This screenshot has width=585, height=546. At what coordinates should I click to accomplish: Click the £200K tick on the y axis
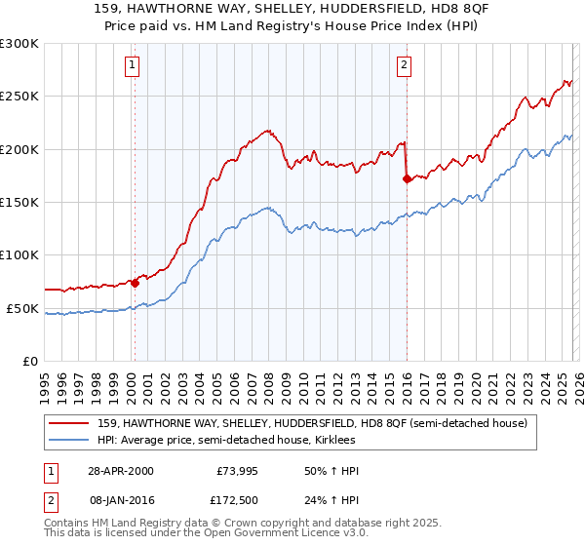19,149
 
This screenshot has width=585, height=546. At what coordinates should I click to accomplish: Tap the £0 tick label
29,361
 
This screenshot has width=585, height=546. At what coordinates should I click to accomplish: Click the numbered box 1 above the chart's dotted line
132,65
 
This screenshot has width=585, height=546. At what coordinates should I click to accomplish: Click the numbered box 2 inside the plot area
404,65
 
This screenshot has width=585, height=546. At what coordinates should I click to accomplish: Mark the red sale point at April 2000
136,283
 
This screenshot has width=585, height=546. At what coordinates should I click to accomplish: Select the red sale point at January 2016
406,178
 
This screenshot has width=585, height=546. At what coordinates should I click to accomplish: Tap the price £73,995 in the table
237,471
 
